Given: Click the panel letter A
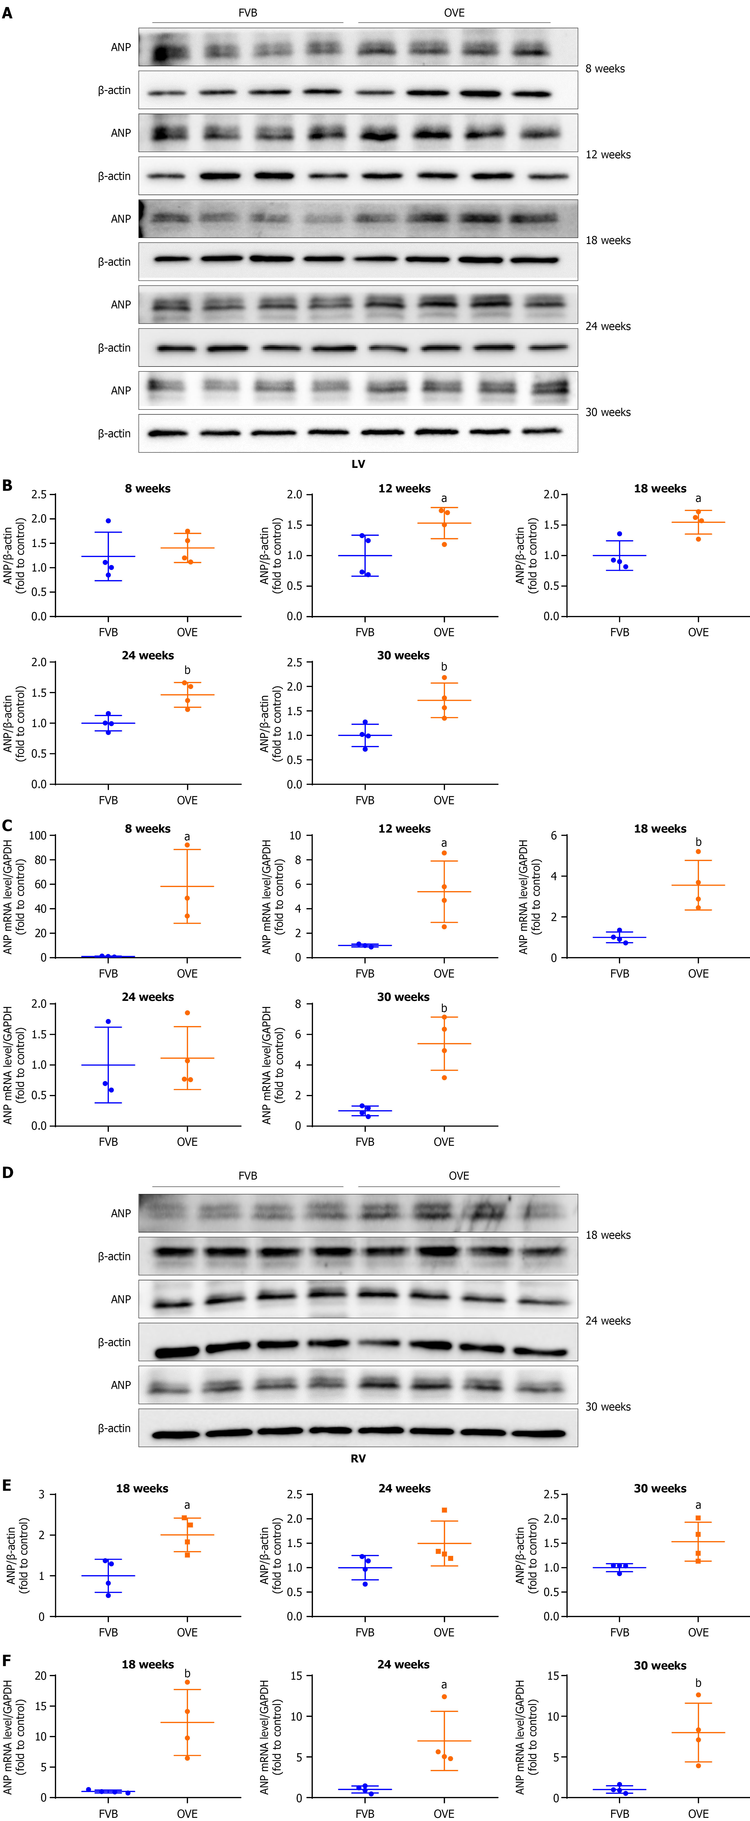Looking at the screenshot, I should (x=7, y=13).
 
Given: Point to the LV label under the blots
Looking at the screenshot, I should (x=358, y=464).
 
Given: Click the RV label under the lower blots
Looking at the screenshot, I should (x=358, y=1458).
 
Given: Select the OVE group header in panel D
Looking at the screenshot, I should (x=459, y=1176).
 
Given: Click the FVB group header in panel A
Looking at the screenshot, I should (x=247, y=13).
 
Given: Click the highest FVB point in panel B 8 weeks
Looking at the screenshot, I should (x=108, y=521).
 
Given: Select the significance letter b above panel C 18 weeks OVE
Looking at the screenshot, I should (x=698, y=842).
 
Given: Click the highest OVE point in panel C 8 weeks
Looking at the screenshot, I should (x=187, y=845).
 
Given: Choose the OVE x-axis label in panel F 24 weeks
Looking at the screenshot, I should (x=444, y=1813).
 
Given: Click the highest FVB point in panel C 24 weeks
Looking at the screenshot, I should (x=108, y=1022).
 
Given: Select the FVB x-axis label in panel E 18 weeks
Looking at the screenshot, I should (x=108, y=1632).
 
